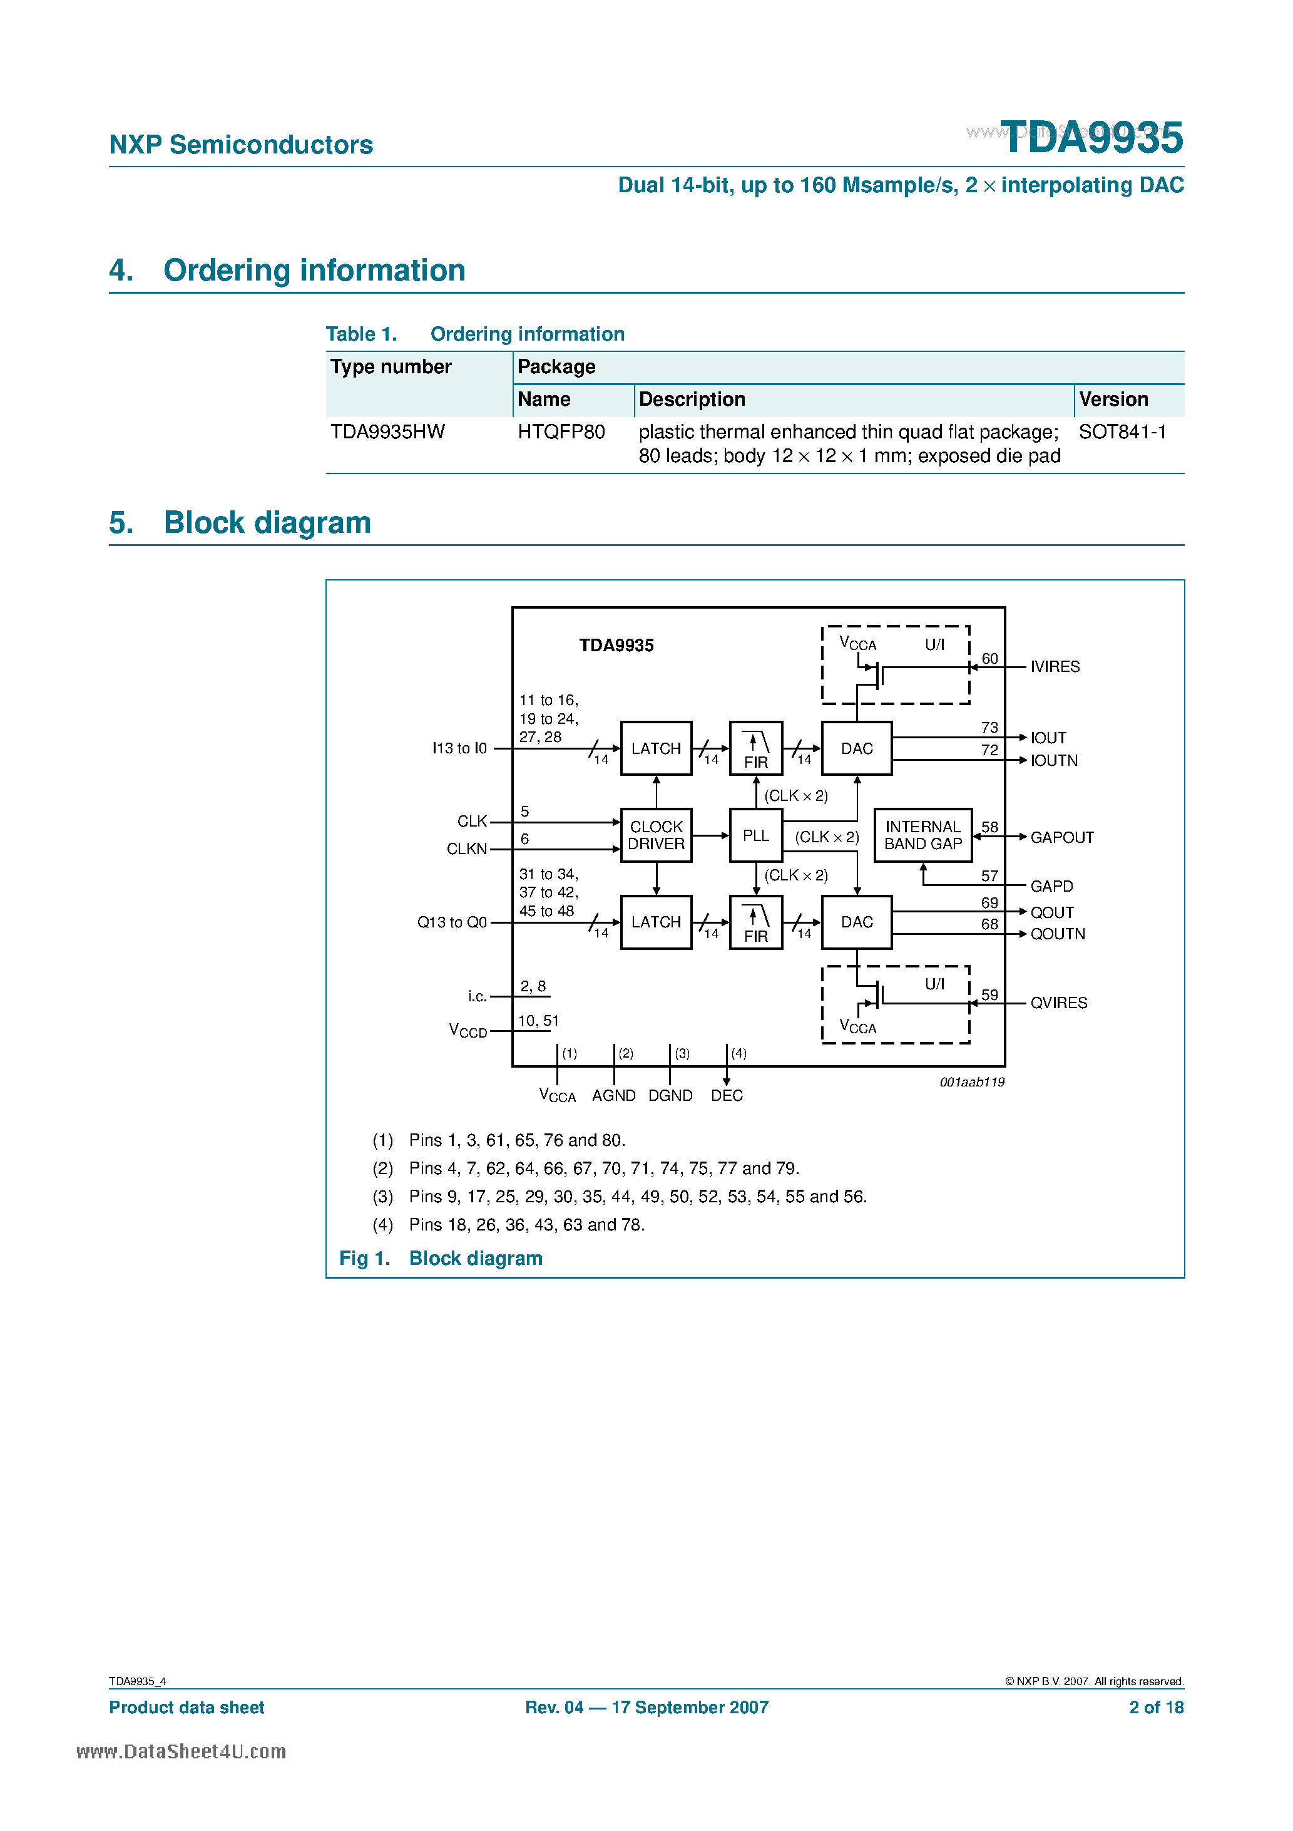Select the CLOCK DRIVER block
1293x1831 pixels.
655,835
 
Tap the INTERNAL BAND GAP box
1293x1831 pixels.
922,835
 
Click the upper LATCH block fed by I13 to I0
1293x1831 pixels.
655,748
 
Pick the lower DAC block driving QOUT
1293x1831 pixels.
856,922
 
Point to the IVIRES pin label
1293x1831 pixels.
1054,667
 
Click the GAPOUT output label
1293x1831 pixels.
1061,837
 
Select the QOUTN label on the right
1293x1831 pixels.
1057,934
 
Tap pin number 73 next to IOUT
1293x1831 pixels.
989,727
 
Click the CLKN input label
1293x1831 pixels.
466,849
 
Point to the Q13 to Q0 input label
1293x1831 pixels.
451,922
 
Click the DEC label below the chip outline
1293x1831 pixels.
726,1096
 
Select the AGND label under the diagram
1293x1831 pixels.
613,1096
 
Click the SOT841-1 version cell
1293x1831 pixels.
1122,431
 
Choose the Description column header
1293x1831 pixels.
692,399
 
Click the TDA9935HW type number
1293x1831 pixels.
387,431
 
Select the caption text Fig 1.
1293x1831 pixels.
364,1259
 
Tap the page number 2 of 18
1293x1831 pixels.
1155,1708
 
